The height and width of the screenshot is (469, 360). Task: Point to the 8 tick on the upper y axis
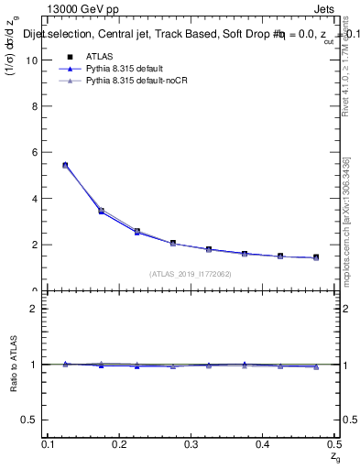pos(36,106)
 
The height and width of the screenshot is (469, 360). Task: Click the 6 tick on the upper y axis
pos(36,153)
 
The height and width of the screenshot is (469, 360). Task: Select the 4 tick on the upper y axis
pos(36,199)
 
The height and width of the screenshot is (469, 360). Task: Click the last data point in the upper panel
pos(316,257)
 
